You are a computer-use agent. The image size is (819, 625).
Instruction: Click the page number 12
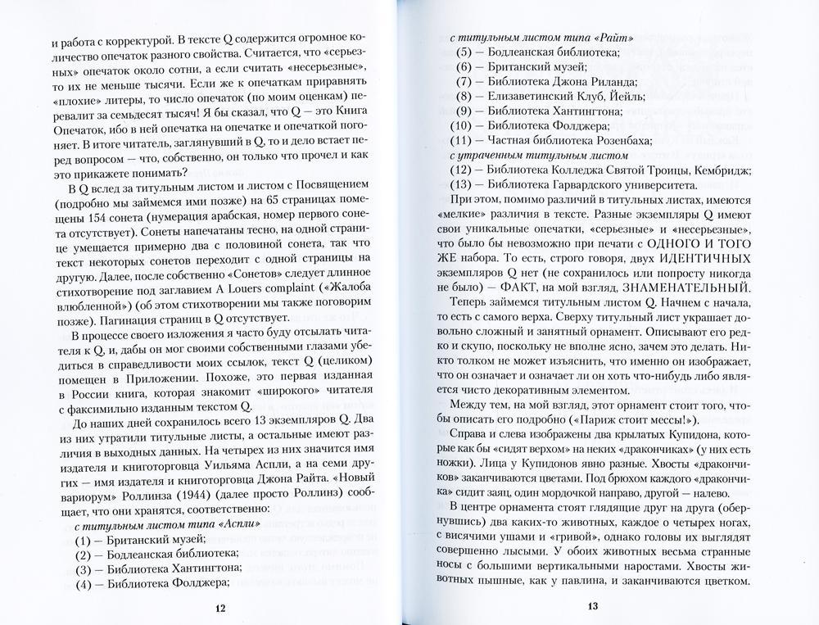click(217, 607)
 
